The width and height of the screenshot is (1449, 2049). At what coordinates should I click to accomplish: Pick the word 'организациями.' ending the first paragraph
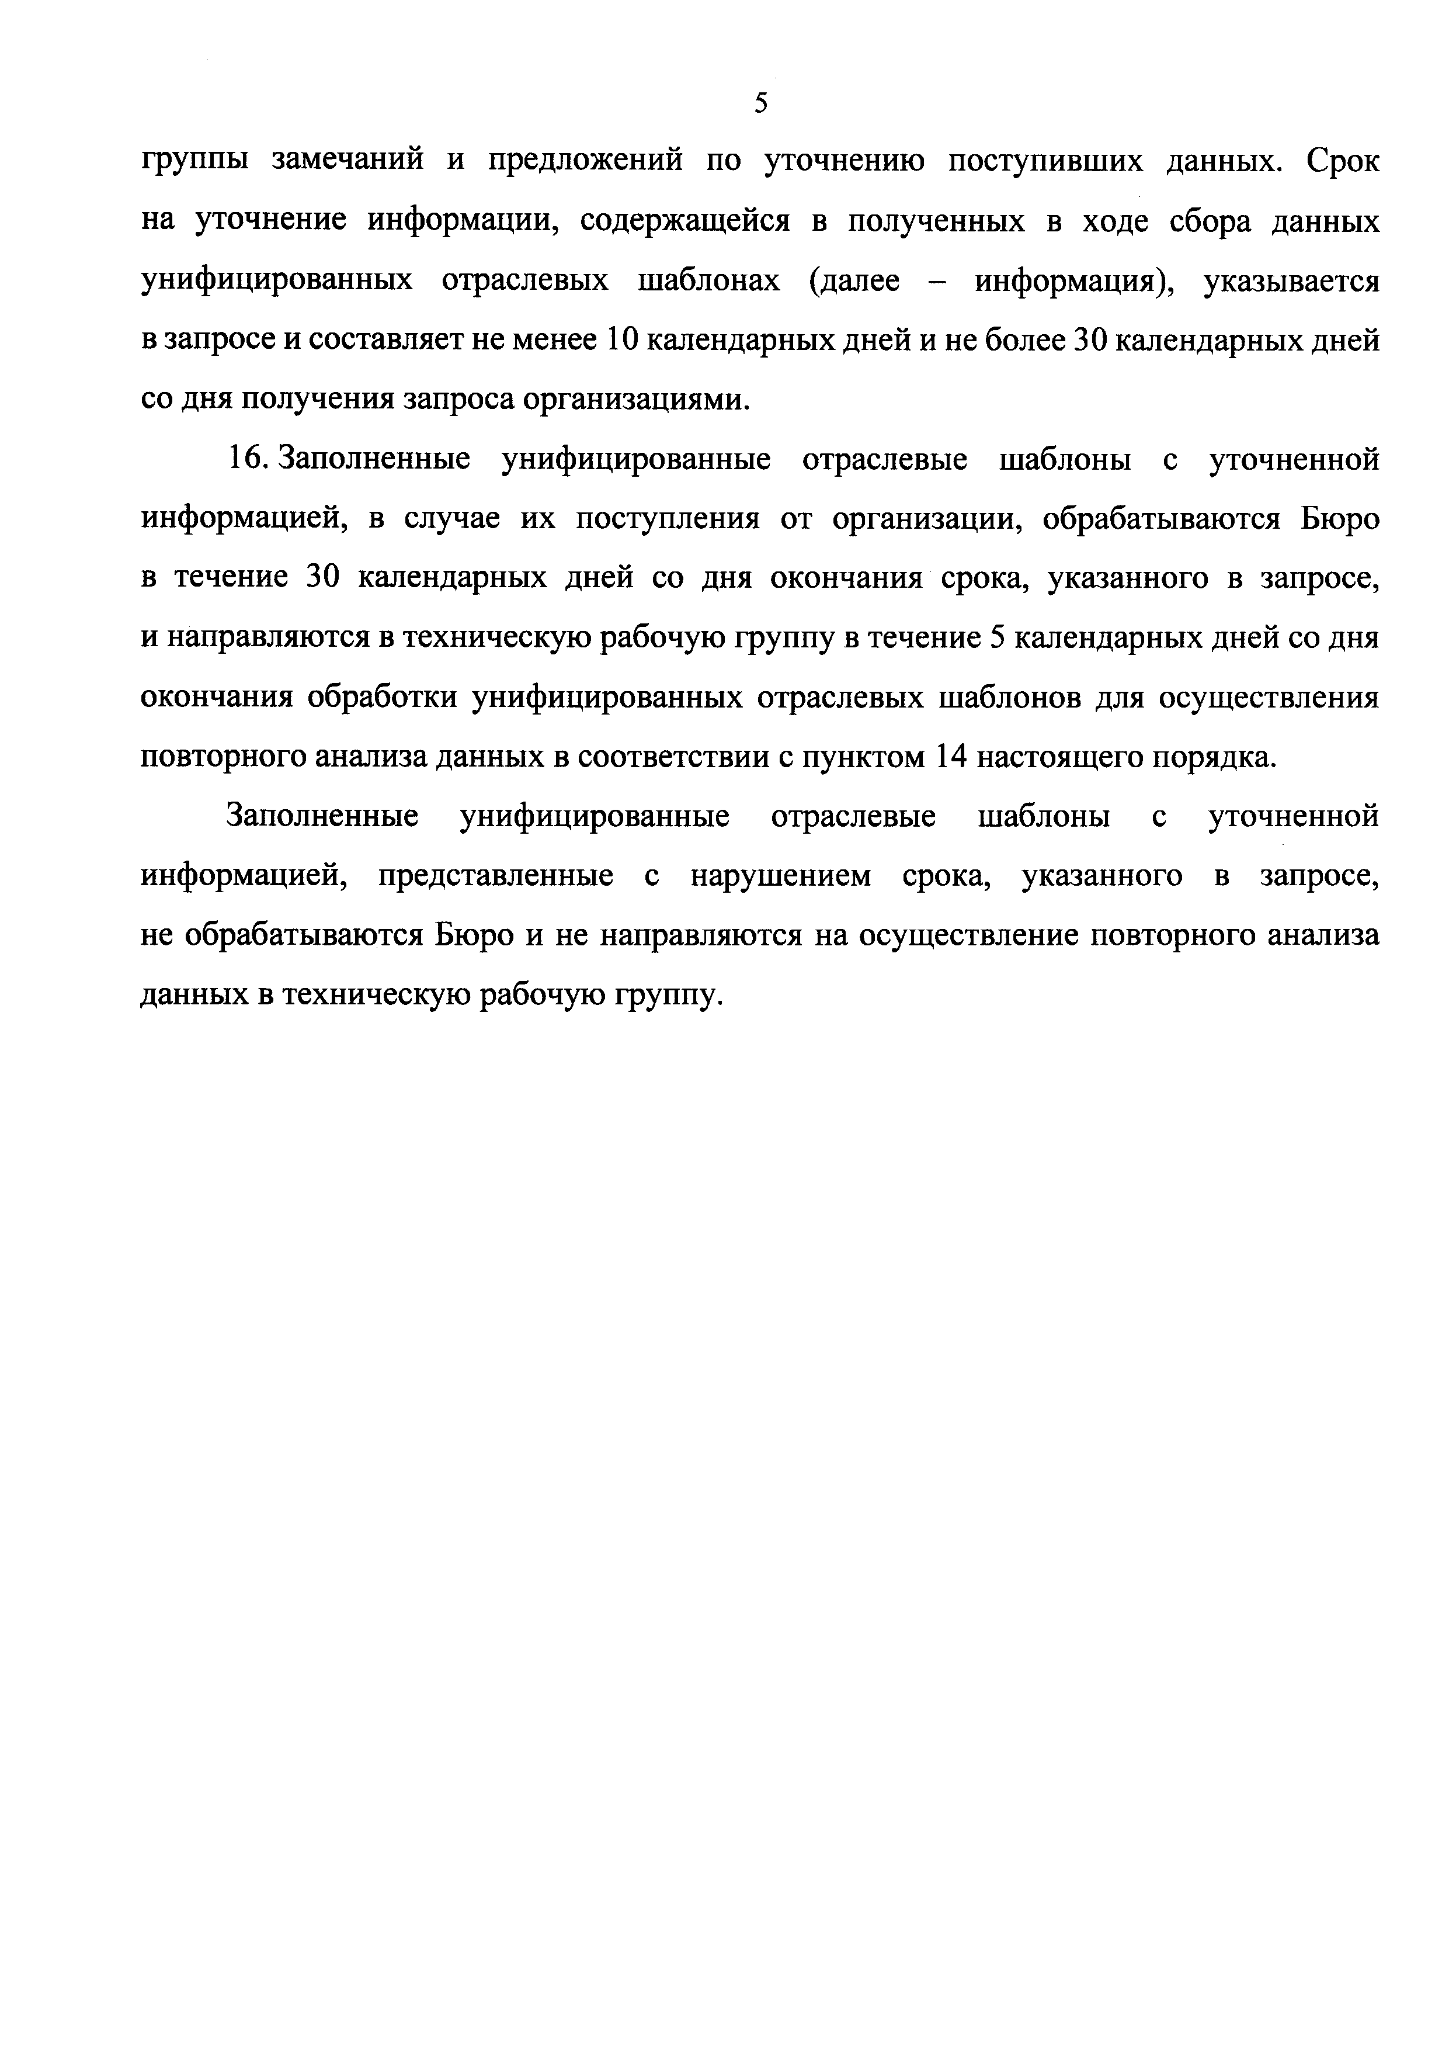click(636, 400)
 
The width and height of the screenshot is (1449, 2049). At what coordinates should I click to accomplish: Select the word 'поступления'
click(668, 519)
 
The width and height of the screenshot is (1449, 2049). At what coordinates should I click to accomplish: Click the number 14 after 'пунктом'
click(951, 757)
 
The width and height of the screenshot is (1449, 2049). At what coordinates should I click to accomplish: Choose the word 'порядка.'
click(1214, 757)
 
